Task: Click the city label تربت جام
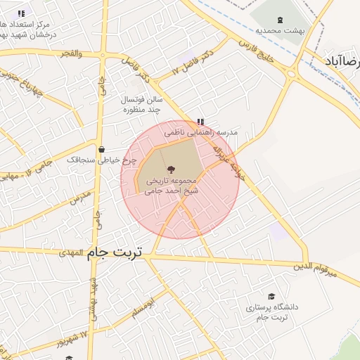pos(114,252)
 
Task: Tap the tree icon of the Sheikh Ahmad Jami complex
pos(170,169)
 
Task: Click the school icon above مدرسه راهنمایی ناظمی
pos(200,121)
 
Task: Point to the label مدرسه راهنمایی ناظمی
pos(202,132)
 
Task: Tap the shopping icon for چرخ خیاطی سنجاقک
pos(103,149)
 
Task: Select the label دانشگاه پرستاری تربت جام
pos(272,313)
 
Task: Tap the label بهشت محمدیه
pos(278,31)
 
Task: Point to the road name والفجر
pos(70,54)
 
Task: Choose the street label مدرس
pos(80,198)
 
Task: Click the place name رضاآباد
pos(342,62)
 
